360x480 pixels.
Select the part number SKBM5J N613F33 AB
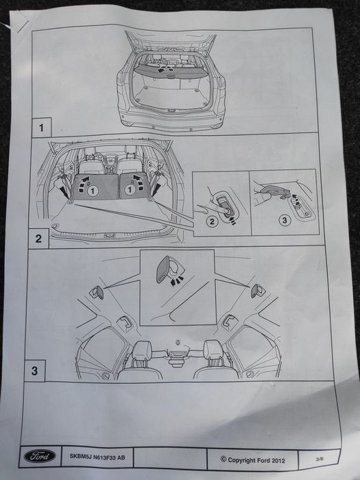pos(97,456)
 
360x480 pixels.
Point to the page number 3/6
pos(320,457)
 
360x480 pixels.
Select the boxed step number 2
pos(38,239)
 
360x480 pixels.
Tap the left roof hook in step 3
pos(99,293)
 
